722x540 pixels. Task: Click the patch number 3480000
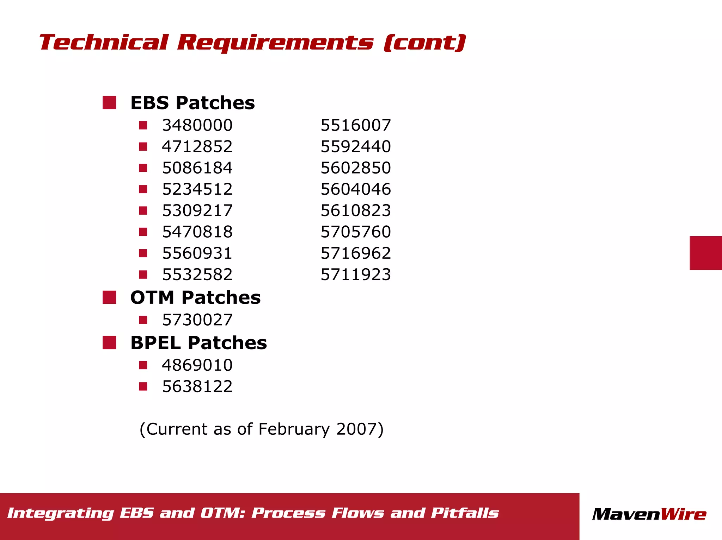[x=197, y=125]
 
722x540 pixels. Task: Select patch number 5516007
[x=355, y=125]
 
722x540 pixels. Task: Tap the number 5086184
[x=197, y=168]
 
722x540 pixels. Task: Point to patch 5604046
[x=355, y=189]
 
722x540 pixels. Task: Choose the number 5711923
[x=355, y=275]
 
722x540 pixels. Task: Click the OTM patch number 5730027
[x=197, y=320]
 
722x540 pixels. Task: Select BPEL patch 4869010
[x=197, y=365]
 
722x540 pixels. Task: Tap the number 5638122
[x=197, y=387]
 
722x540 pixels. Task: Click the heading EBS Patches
[x=192, y=103]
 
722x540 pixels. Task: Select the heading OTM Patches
[x=195, y=297]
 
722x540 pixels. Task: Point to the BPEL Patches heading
[x=198, y=343]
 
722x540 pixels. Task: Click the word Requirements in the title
[x=275, y=43]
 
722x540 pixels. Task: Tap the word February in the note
[x=294, y=429]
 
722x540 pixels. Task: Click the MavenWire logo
[x=649, y=514]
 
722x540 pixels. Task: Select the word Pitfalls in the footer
[x=465, y=513]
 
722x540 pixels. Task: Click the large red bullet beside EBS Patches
[x=109, y=103]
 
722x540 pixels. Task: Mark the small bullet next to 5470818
[x=143, y=232]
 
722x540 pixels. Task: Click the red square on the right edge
[x=705, y=253]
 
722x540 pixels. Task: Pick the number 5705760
[x=355, y=232]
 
